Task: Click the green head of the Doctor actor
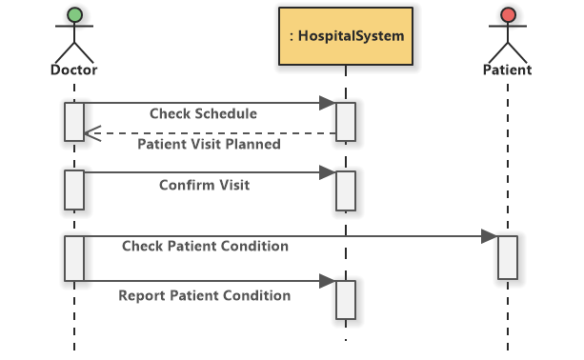click(x=74, y=16)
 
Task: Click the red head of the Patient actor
click(x=508, y=16)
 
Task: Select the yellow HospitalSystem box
click(x=346, y=36)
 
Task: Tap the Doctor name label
click(x=74, y=70)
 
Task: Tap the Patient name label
click(x=508, y=70)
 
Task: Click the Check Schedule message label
click(x=203, y=113)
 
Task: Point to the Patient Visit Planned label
click(x=209, y=145)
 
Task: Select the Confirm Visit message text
click(x=204, y=185)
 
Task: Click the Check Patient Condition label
click(x=205, y=246)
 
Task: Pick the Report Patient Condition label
click(x=204, y=295)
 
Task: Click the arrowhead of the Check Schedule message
click(x=327, y=102)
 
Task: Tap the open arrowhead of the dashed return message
click(x=91, y=133)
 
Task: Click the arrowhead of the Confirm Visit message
click(x=327, y=172)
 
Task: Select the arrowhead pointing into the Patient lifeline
click(x=489, y=235)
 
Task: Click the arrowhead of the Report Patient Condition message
click(x=327, y=281)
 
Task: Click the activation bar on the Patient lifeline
click(x=508, y=257)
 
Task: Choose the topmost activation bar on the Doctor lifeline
click(x=74, y=121)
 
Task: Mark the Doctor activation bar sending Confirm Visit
click(x=74, y=190)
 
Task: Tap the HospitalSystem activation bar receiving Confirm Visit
click(x=345, y=190)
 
